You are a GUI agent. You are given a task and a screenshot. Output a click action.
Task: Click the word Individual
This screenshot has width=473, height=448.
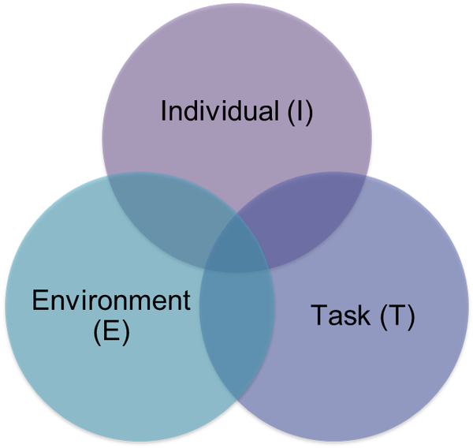220,110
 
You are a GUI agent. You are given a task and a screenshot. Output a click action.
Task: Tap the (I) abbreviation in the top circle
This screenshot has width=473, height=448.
300,112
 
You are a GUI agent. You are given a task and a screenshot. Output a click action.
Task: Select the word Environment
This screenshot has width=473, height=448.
111,300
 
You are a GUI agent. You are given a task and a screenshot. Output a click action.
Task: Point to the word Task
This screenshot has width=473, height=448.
341,315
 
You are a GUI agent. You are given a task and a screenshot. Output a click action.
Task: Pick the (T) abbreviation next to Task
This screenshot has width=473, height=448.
397,316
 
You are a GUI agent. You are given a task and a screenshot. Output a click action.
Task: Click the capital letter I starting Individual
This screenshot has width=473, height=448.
163,110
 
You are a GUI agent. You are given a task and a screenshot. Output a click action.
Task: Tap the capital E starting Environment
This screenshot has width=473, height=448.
40,300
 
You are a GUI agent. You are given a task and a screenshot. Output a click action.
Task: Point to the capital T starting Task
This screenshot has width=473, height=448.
319,315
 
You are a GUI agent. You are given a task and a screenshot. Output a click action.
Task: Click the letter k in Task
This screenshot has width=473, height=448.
363,314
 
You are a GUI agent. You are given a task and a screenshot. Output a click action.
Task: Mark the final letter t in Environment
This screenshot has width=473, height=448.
186,301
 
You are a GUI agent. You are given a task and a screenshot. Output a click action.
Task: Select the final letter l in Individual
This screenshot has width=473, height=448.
276,110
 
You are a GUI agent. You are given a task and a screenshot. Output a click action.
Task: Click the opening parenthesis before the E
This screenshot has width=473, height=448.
97,331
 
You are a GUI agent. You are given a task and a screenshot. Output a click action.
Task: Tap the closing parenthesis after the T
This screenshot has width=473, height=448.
412,317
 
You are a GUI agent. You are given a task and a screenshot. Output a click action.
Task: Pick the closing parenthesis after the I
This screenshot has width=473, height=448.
310,113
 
